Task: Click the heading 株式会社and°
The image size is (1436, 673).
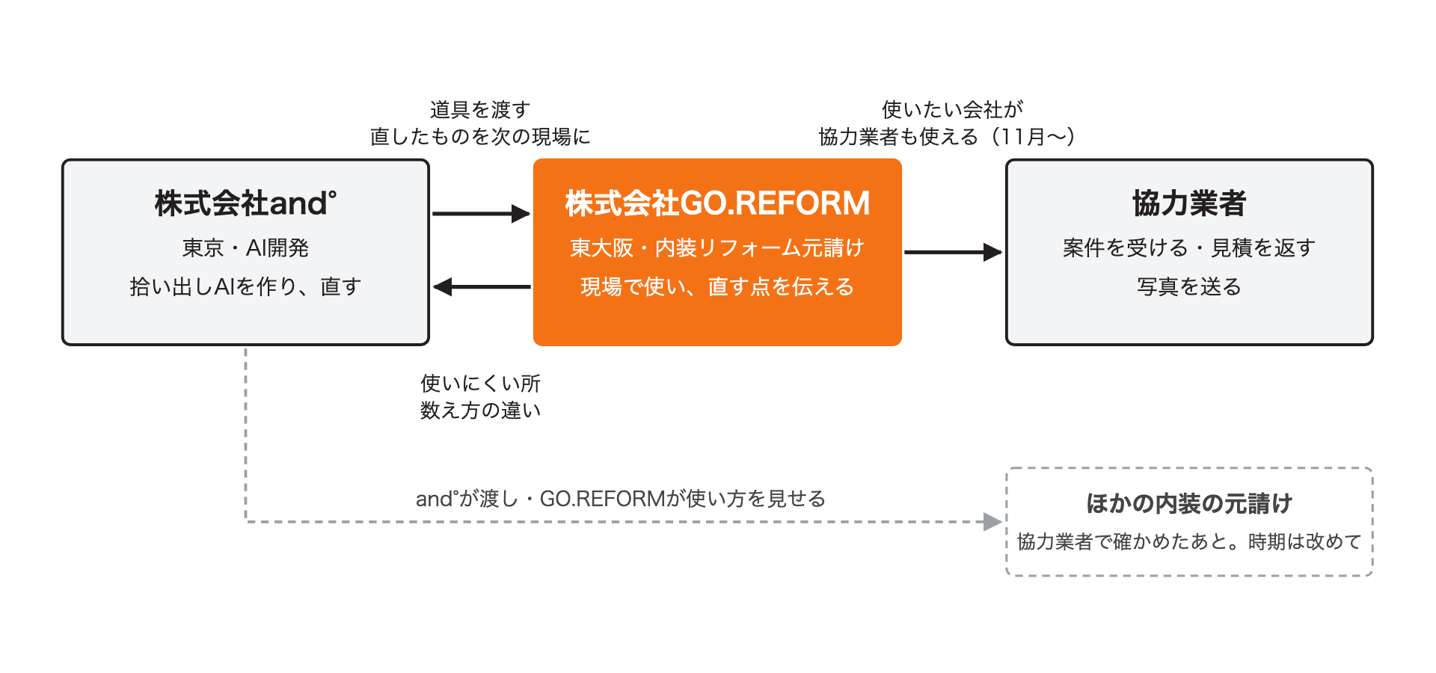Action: (245, 203)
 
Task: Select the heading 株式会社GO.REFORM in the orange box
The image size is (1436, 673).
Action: (717, 203)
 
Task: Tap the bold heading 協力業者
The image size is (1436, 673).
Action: (1189, 203)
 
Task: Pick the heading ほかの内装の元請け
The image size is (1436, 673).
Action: (1189, 503)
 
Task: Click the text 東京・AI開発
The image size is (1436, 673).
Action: (245, 248)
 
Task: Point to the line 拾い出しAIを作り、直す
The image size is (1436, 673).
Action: (245, 286)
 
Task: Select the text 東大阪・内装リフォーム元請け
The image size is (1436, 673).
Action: (717, 248)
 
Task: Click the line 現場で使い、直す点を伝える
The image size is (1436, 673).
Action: (717, 286)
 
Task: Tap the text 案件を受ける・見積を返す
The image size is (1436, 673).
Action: (1189, 248)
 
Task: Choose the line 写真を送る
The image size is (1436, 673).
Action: (1189, 286)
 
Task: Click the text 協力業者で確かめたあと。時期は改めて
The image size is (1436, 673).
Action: (1189, 541)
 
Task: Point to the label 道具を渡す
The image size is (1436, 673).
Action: (480, 110)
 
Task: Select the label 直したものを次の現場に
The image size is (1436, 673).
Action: (480, 137)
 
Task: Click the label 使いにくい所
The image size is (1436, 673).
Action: (480, 384)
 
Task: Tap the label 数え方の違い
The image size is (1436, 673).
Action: (480, 411)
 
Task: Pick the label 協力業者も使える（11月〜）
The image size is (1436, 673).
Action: (948, 137)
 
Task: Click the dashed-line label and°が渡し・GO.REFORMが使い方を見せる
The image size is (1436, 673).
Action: (621, 499)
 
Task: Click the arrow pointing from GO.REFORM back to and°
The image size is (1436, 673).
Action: (482, 286)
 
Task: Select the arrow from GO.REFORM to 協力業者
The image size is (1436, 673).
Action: (953, 252)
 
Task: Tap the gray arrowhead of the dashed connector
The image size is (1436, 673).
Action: (993, 522)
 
